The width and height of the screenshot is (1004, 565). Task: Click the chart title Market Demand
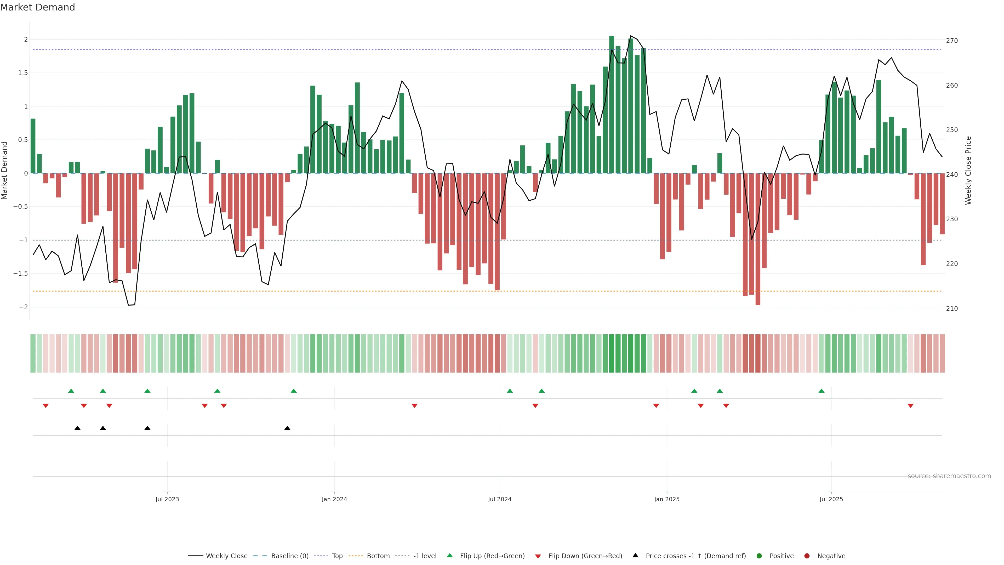[x=37, y=7]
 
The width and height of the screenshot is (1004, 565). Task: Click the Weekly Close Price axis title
[x=968, y=170]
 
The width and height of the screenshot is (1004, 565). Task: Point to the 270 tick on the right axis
[x=952, y=41]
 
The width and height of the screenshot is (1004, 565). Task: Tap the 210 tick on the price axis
[x=952, y=308]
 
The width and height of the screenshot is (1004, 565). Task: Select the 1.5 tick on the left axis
[x=23, y=73]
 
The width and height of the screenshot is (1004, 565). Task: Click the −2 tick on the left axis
[x=23, y=307]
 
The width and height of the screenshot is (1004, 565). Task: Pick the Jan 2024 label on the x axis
[x=334, y=499]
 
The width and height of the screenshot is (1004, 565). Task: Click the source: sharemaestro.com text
[x=949, y=476]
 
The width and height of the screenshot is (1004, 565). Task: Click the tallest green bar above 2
[x=612, y=105]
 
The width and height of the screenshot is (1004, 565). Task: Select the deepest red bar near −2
[x=758, y=239]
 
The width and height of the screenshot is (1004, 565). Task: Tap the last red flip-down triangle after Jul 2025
[x=910, y=406]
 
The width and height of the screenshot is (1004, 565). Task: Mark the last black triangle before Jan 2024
[x=287, y=428]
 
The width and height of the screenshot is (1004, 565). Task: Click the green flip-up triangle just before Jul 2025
[x=822, y=391]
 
